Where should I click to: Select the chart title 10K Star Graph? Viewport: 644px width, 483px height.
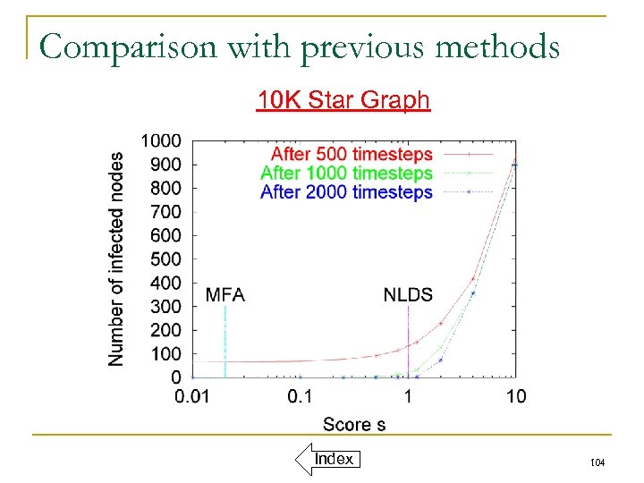(343, 99)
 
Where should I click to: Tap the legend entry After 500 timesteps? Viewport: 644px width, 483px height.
(351, 155)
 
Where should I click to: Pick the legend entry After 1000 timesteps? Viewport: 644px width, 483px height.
(347, 173)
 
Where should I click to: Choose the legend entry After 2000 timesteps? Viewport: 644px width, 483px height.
(347, 191)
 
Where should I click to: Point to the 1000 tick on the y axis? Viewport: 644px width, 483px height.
(161, 141)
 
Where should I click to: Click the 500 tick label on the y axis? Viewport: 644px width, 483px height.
(165, 259)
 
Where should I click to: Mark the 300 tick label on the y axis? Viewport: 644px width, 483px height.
(165, 307)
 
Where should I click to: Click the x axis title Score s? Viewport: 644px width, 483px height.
(354, 424)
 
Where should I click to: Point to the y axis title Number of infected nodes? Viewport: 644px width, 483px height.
(116, 258)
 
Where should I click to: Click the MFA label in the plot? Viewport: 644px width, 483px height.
(225, 294)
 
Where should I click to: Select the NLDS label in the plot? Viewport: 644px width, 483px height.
(408, 294)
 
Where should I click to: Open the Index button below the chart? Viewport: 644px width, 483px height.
(333, 460)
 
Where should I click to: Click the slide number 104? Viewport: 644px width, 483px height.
(597, 462)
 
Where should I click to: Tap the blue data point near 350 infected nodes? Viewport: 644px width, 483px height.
(473, 293)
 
